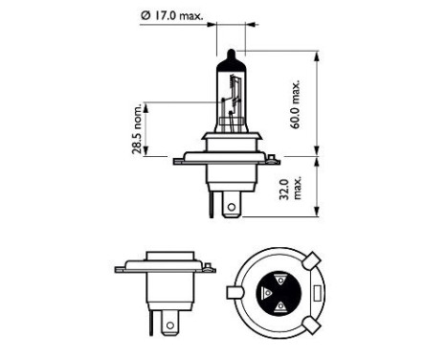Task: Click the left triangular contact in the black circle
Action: click(x=265, y=293)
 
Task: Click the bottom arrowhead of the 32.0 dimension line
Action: click(x=315, y=219)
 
